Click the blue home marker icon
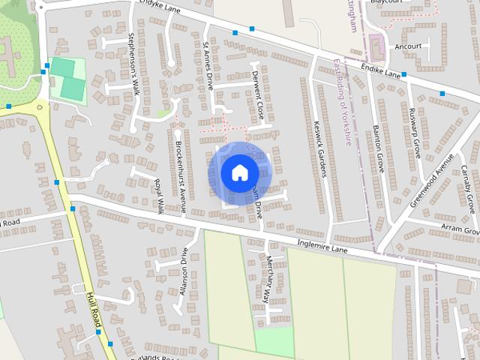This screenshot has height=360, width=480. point(239,173)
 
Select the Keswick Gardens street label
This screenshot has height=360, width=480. point(321,149)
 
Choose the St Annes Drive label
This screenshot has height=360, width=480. point(208,67)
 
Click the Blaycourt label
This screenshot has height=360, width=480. point(385,2)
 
